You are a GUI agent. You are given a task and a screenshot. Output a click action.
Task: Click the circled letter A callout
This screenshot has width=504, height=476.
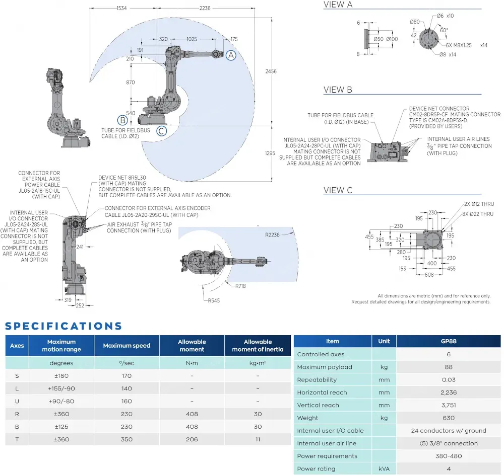(x=230, y=56)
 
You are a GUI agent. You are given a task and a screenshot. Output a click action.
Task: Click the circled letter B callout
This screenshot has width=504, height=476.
(x=121, y=120)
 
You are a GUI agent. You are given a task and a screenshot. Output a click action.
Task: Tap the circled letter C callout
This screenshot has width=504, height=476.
(x=161, y=131)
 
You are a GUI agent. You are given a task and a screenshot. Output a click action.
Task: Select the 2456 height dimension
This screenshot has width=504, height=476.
(x=271, y=71)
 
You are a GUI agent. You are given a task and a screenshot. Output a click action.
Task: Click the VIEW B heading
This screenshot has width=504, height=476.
(x=338, y=90)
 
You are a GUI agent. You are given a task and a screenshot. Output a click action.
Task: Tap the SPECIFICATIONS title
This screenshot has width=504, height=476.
(x=64, y=326)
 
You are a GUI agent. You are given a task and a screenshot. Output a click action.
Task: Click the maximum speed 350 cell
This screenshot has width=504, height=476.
(x=127, y=439)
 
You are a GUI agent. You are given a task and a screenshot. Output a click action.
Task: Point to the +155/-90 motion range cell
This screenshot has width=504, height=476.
(x=61, y=388)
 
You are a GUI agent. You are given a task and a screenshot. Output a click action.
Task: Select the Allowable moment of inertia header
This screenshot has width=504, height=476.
(x=258, y=345)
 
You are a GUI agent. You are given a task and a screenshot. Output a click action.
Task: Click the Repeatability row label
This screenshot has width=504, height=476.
(x=317, y=380)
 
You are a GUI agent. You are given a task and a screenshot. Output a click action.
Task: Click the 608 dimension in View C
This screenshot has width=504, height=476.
(x=428, y=275)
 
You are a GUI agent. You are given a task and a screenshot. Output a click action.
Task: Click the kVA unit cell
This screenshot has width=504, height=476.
(x=384, y=468)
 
